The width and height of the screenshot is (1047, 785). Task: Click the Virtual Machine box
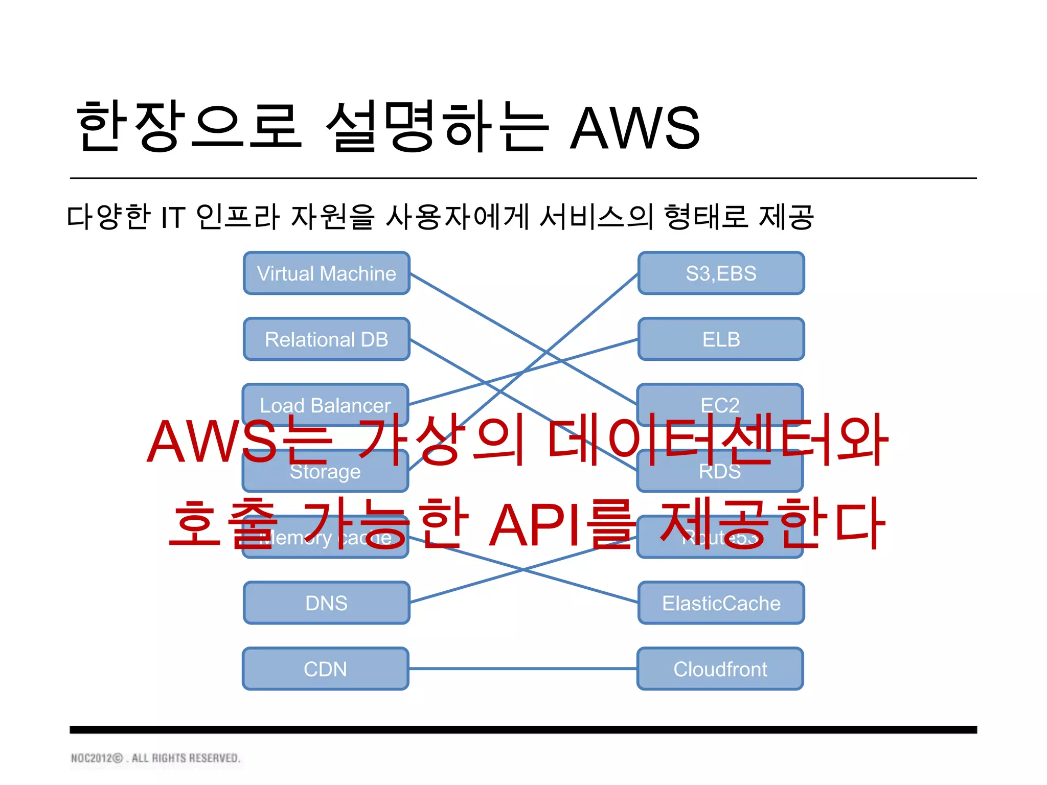(x=326, y=273)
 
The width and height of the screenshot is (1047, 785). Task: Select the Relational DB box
(x=326, y=339)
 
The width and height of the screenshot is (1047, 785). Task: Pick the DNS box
(x=326, y=603)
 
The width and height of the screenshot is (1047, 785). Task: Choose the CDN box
(x=325, y=668)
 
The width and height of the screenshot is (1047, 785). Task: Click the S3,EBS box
(x=721, y=273)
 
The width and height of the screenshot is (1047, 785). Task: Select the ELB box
(x=721, y=339)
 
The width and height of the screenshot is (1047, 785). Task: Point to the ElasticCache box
(x=721, y=603)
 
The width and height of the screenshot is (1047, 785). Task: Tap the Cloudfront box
(x=720, y=668)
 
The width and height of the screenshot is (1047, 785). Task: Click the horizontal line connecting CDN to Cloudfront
(x=522, y=668)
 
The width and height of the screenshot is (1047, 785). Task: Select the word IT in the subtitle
(x=172, y=217)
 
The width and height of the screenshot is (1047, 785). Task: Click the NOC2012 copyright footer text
(x=155, y=758)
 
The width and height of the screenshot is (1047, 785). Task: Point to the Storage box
(x=325, y=475)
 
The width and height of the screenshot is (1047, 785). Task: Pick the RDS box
(x=720, y=475)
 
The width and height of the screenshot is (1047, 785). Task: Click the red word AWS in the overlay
(x=211, y=442)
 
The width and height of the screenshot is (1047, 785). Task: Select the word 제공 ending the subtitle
(x=786, y=217)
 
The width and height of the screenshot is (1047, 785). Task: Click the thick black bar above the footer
(x=522, y=729)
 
